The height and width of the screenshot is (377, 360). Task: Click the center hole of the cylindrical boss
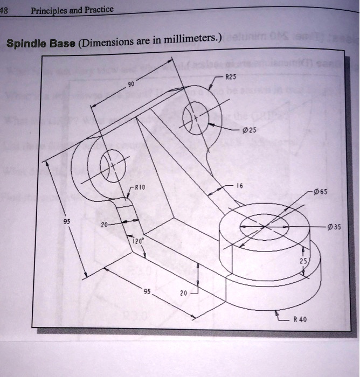pyautogui.click(x=264, y=224)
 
